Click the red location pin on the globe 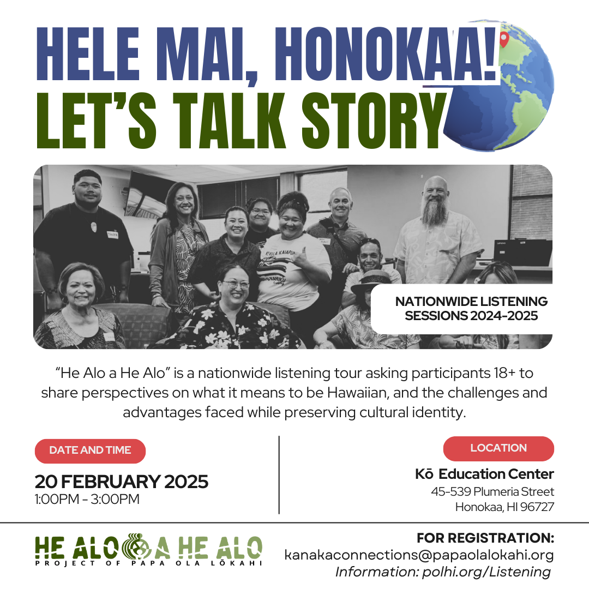[504, 38]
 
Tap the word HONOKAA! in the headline [386, 55]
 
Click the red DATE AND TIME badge [90, 450]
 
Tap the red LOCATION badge [498, 448]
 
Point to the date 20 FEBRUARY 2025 [121, 482]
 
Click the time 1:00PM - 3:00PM [87, 499]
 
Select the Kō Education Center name [484, 474]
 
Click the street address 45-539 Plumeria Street [492, 491]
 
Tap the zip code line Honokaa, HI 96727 [504, 507]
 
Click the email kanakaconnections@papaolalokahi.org [419, 555]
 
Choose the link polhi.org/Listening [486, 572]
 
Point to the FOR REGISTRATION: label [485, 538]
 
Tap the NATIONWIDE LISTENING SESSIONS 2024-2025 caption [471, 308]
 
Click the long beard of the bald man [435, 213]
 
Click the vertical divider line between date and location [279, 475]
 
